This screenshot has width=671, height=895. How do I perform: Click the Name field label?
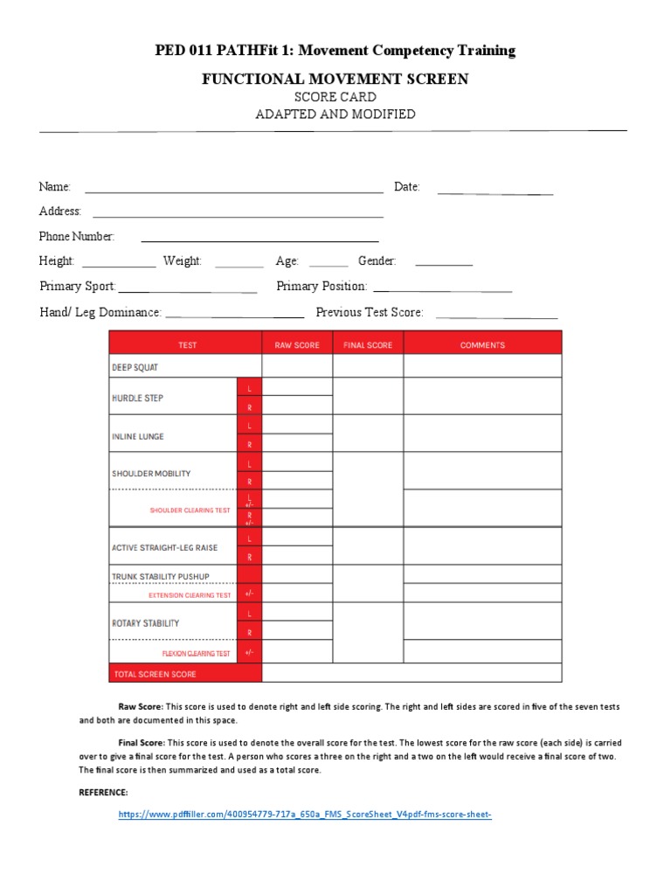pyautogui.click(x=54, y=187)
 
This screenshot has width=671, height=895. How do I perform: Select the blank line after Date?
pyautogui.click(x=495, y=189)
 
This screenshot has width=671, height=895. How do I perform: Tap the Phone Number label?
pyautogui.click(x=77, y=237)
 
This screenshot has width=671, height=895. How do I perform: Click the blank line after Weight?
pyautogui.click(x=239, y=262)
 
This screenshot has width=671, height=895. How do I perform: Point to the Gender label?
pyautogui.click(x=377, y=261)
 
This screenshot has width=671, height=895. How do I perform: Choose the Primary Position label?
pyautogui.click(x=322, y=287)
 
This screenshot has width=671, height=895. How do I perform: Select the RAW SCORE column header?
pyautogui.click(x=297, y=345)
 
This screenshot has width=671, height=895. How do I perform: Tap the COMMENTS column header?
pyautogui.click(x=482, y=345)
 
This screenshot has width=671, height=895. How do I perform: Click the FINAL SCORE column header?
pyautogui.click(x=368, y=345)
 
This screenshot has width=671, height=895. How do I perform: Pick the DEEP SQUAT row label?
pyautogui.click(x=135, y=367)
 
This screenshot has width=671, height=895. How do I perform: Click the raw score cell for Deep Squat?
pyautogui.click(x=297, y=366)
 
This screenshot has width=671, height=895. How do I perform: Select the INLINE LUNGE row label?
pyautogui.click(x=138, y=436)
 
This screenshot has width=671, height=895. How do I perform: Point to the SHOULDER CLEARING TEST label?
pyautogui.click(x=190, y=510)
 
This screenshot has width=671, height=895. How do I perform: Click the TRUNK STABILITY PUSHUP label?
pyautogui.click(x=161, y=577)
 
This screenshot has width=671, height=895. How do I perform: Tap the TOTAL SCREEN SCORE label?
pyautogui.click(x=155, y=674)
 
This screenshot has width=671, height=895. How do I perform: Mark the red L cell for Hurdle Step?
pyautogui.click(x=249, y=387)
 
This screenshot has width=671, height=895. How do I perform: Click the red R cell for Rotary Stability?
pyautogui.click(x=249, y=632)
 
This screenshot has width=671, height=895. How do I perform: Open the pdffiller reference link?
pyautogui.click(x=305, y=815)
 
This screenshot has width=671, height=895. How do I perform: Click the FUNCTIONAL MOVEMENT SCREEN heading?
pyautogui.click(x=335, y=80)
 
